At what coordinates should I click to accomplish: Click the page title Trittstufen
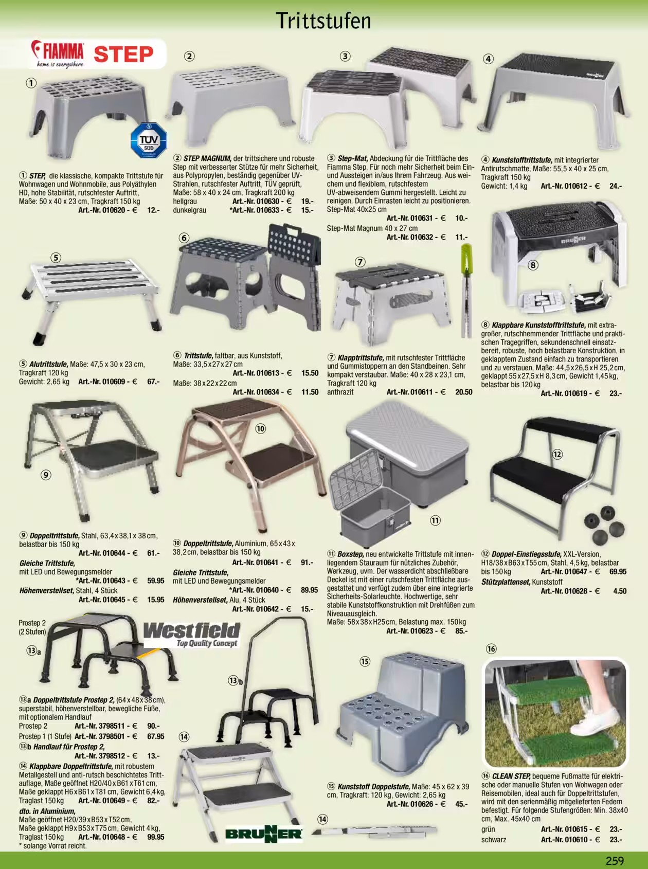coord(323,21)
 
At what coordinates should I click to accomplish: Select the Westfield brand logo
coord(191,635)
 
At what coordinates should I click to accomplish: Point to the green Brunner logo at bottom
coord(264,834)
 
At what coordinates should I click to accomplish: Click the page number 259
coord(615,860)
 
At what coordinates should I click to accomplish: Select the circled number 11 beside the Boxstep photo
coord(435,520)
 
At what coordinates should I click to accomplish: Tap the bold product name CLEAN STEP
coord(511,776)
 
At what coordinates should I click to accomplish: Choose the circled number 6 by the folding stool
coord(184,238)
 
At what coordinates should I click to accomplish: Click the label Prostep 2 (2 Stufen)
coord(32,627)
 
